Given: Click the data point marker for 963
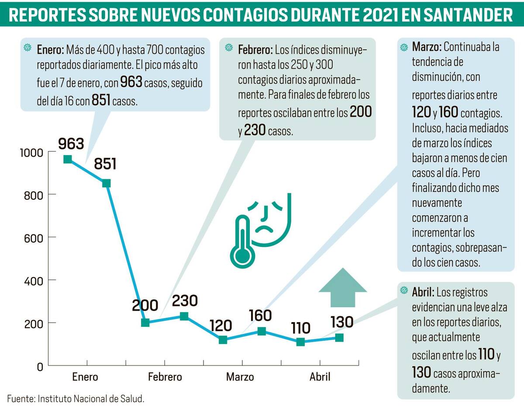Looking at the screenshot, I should [68, 159].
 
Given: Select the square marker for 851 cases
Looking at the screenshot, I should [106, 183].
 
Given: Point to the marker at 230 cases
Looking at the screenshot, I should [184, 316].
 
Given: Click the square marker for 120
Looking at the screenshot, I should [223, 340].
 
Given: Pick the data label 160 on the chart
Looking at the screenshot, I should [260, 315].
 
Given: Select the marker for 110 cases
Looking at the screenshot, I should [300, 342].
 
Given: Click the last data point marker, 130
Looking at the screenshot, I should [339, 337].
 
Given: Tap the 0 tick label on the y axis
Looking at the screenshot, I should [40, 366].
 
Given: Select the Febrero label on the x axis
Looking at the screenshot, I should [165, 377].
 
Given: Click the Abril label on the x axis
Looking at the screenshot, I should [320, 377].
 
